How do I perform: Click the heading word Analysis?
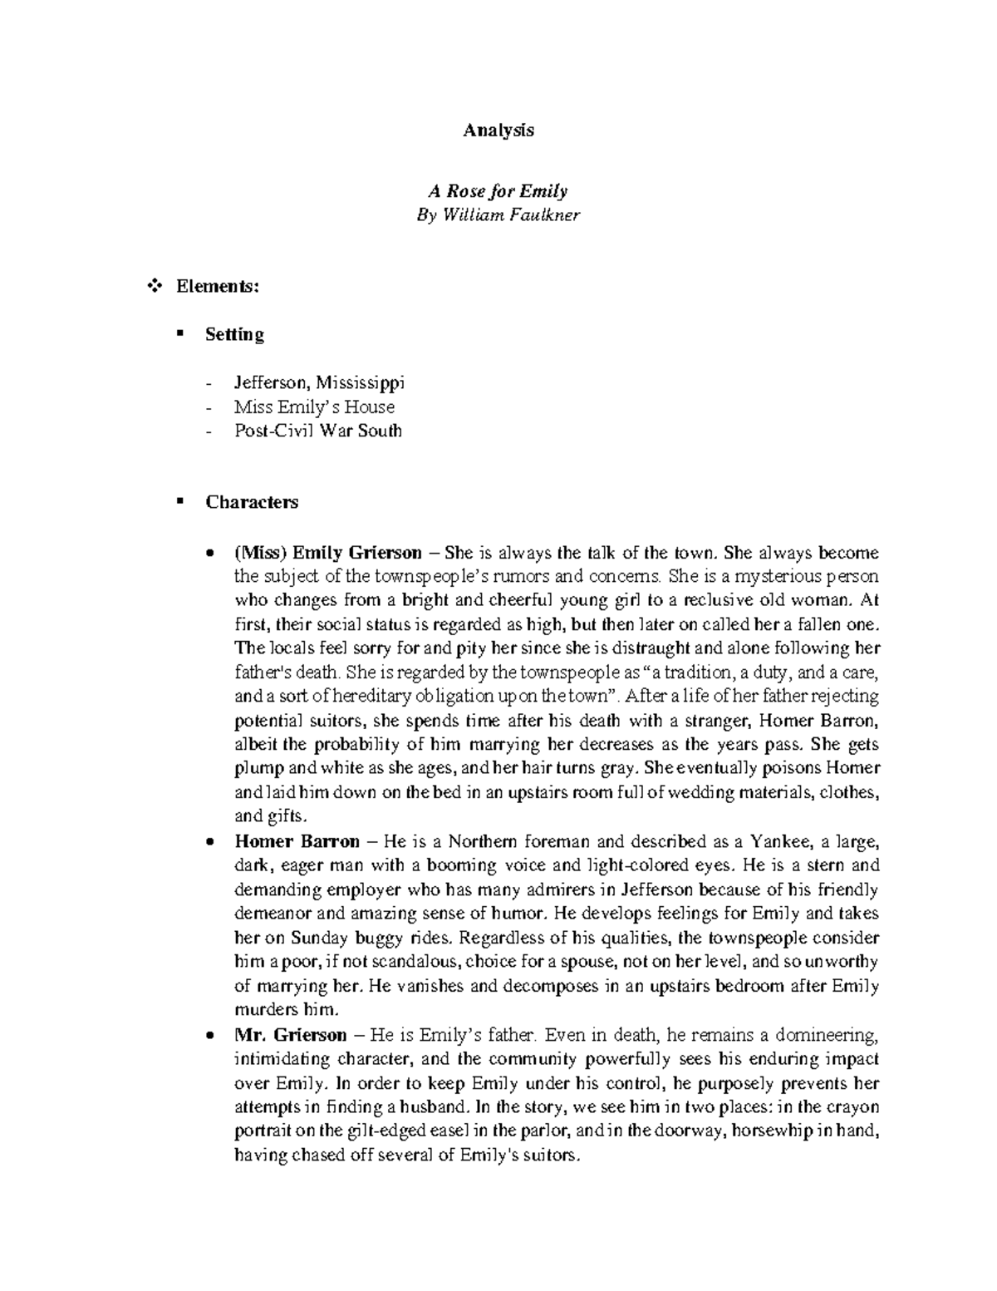click(x=498, y=131)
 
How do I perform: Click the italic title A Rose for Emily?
click(x=498, y=191)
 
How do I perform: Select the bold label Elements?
click(x=218, y=287)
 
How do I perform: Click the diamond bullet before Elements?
click(x=152, y=287)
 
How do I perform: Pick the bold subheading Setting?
click(x=235, y=334)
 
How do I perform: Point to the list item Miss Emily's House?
click(x=314, y=407)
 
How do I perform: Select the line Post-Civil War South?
click(x=318, y=431)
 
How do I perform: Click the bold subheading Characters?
click(x=252, y=502)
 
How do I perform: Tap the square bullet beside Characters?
click(x=179, y=501)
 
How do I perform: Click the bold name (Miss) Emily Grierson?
click(x=328, y=553)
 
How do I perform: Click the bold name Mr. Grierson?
click(x=290, y=1035)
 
